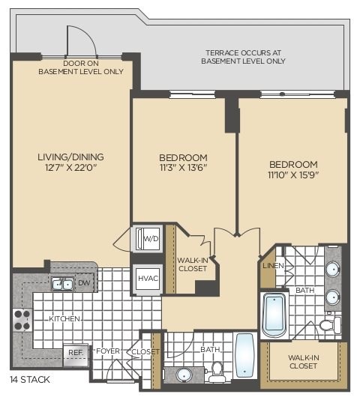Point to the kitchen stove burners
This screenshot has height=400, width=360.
22,320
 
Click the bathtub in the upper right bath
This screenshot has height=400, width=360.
275,315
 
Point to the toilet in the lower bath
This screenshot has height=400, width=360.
217,372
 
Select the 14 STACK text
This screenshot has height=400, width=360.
30,380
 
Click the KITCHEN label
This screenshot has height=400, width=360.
64,319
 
